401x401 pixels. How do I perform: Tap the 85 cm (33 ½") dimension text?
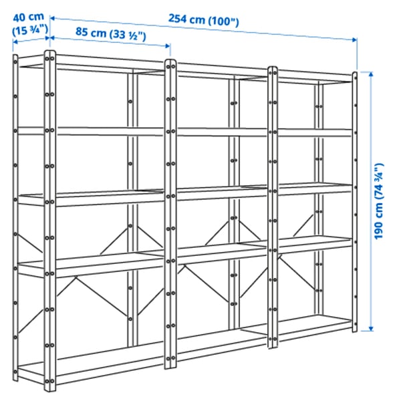[110, 31]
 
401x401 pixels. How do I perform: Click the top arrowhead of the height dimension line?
[366, 72]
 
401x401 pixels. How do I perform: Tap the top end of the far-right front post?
[356, 75]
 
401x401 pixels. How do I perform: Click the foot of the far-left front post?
[48, 386]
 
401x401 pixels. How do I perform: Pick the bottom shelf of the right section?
[311, 327]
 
